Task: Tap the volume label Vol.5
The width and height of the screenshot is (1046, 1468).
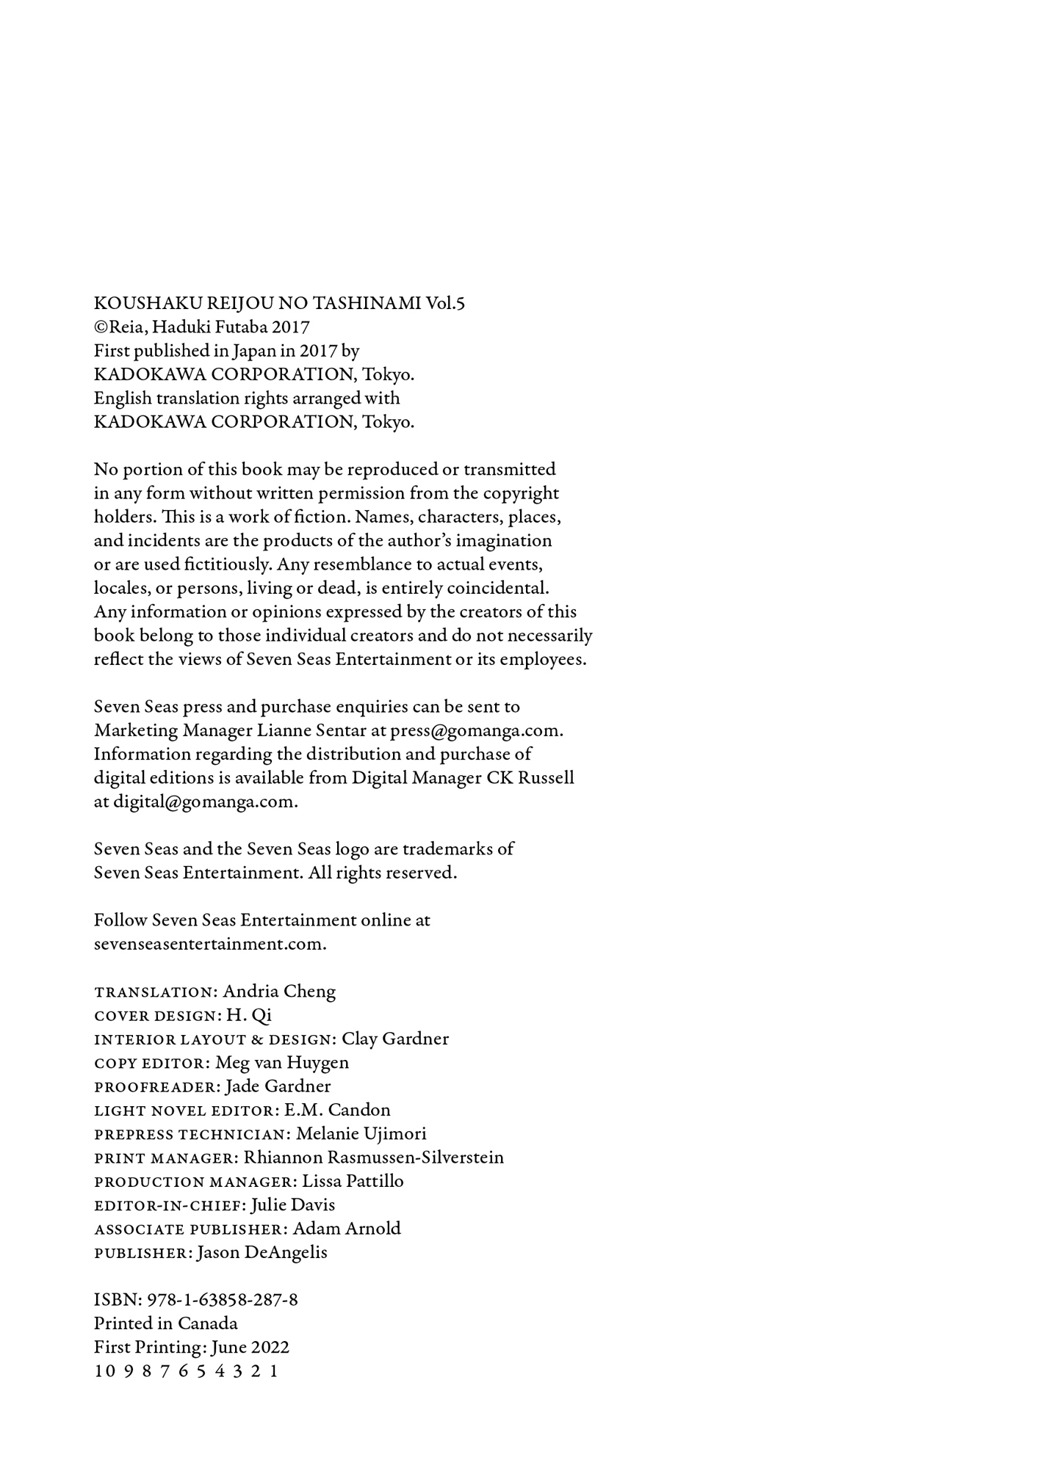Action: (x=446, y=303)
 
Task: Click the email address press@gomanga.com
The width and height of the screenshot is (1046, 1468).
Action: (x=476, y=731)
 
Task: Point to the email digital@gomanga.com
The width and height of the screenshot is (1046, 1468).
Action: (x=204, y=802)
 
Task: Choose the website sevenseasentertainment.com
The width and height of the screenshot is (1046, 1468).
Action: (x=209, y=944)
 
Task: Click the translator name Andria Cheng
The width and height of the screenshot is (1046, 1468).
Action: (x=279, y=992)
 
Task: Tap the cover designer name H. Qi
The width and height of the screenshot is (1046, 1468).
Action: (x=249, y=1015)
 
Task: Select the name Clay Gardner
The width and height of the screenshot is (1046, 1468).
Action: (x=395, y=1039)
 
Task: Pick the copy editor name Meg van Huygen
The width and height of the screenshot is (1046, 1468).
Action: (x=282, y=1063)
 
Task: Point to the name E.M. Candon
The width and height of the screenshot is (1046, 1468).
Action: (x=337, y=1110)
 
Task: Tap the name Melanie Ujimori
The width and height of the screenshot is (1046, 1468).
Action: (x=361, y=1134)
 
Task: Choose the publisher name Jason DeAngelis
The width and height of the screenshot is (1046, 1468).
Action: (x=262, y=1253)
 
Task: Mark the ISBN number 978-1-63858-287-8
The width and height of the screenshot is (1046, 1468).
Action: (x=223, y=1300)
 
